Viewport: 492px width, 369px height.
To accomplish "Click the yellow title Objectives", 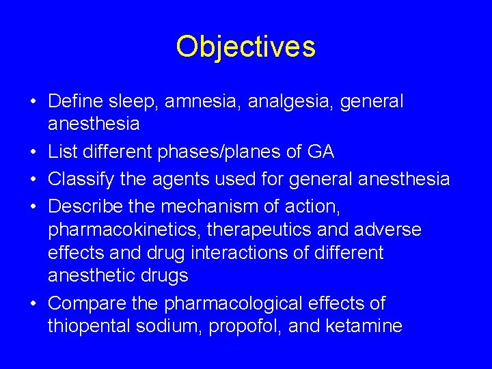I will [x=245, y=46].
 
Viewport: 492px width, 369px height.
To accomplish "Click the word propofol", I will [x=236, y=327].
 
